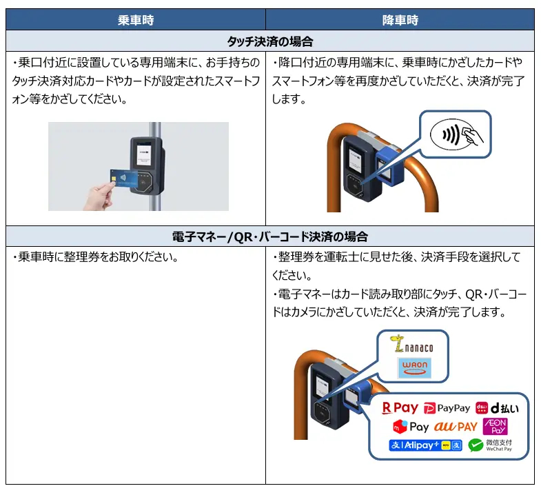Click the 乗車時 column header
coord(136,20)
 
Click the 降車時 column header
coord(400,20)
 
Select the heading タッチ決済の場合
coord(269,41)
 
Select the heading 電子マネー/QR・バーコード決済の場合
coord(269,236)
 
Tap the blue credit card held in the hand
coord(123,178)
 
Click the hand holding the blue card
coord(100,196)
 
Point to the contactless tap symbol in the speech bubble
coord(456,134)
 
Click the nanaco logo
coord(411,344)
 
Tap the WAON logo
coord(414,368)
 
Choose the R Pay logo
coord(400,408)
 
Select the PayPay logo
coord(447,408)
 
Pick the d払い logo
coord(497,408)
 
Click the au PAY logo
coord(456,427)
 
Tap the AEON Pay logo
coord(495,426)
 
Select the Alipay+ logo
coord(425,445)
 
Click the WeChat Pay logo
coord(490,445)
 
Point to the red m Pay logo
coord(411,427)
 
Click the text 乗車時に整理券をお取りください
coord(96,257)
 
